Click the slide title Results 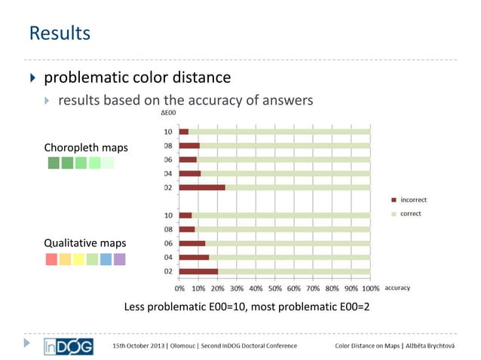click(60, 33)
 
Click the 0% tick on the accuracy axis click(180, 288)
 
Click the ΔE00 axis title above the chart click(170, 113)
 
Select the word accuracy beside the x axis click(397, 287)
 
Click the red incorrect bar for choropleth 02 click(202, 187)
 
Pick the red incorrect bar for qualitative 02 click(198, 271)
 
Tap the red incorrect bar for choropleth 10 click(184, 132)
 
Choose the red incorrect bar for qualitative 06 click(192, 243)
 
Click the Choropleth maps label click(80, 147)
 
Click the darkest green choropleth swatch click(53, 163)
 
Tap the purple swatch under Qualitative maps click(119, 259)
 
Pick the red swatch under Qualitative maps click(51, 259)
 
